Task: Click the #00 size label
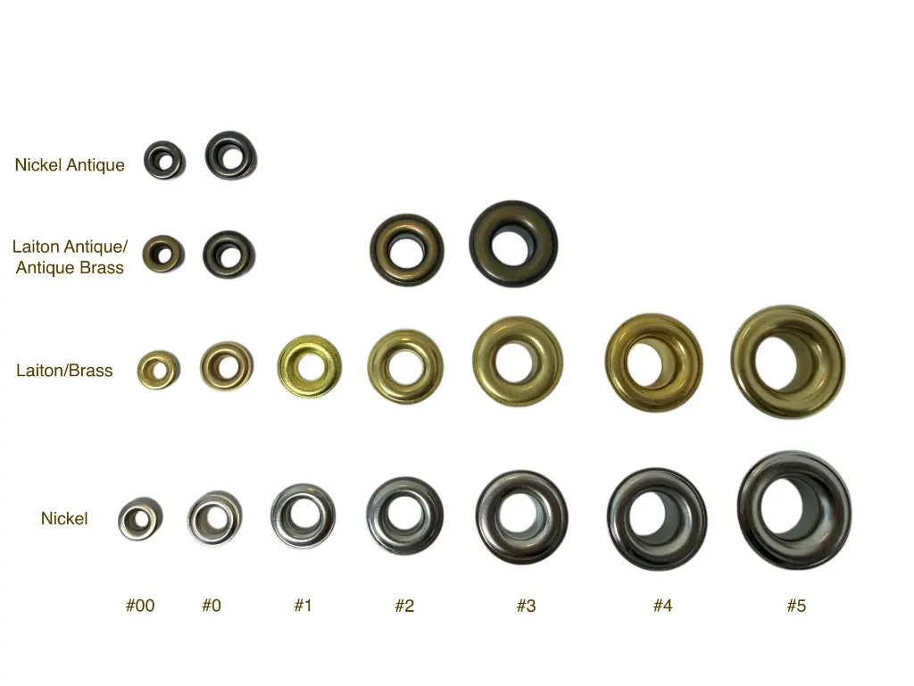pos(140,606)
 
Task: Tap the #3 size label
pos(526,606)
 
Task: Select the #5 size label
pos(796,606)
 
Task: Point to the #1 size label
pos(303,606)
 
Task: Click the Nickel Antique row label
pos(70,165)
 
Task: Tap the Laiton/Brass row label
pos(64,371)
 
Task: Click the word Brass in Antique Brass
pos(102,268)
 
